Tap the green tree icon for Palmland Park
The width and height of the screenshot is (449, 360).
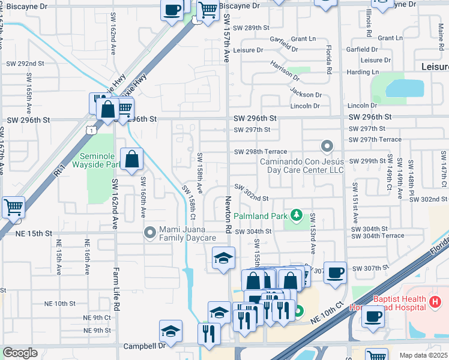[x=295, y=214]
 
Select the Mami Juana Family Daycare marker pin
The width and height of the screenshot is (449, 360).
[x=150, y=232]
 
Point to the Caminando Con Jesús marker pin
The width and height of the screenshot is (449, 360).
[x=327, y=146]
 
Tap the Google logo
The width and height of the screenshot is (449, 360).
[x=20, y=353]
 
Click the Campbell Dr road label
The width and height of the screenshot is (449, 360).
[x=144, y=346]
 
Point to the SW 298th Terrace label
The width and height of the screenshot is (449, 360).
[x=261, y=152]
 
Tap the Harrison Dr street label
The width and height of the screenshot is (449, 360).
[x=285, y=71]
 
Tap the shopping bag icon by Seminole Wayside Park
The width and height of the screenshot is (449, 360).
[x=131, y=160]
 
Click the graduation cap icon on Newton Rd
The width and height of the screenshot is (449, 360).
[x=223, y=259]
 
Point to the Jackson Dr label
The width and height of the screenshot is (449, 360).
[x=306, y=94]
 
